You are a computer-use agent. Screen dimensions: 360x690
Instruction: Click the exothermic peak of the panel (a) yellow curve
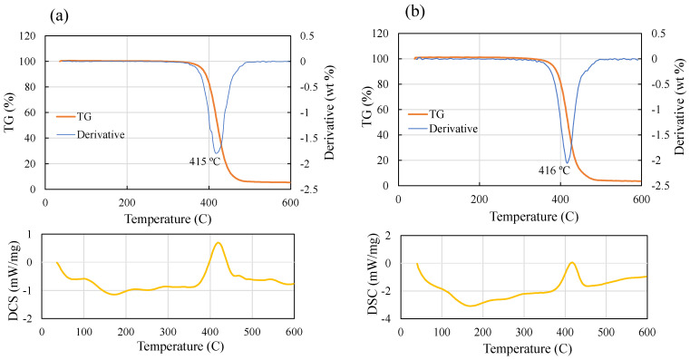[x=218, y=243]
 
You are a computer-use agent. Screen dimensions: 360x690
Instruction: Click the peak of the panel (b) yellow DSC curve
[x=572, y=263]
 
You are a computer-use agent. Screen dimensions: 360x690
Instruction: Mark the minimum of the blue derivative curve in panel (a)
[x=216, y=152]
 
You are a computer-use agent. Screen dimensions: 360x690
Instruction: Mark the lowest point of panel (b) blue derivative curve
[x=568, y=163]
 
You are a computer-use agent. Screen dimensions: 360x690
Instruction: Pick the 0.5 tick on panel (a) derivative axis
[x=306, y=36]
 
